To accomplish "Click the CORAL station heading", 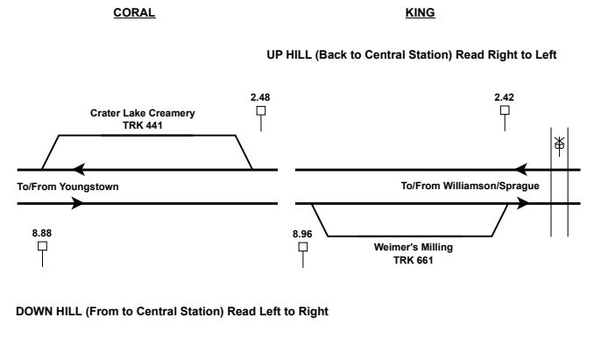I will coord(135,13).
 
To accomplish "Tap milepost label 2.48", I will coord(259,96).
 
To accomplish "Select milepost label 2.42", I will coord(504,96).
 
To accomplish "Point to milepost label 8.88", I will coord(41,233).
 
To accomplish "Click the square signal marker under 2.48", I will coord(260,110).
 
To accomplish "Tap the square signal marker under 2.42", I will coord(504,110).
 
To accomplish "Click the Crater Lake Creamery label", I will coord(143,114).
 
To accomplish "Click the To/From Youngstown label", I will coord(67,187).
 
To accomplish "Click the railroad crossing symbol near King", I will coord(559,145).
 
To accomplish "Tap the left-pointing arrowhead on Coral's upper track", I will coord(79,169).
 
